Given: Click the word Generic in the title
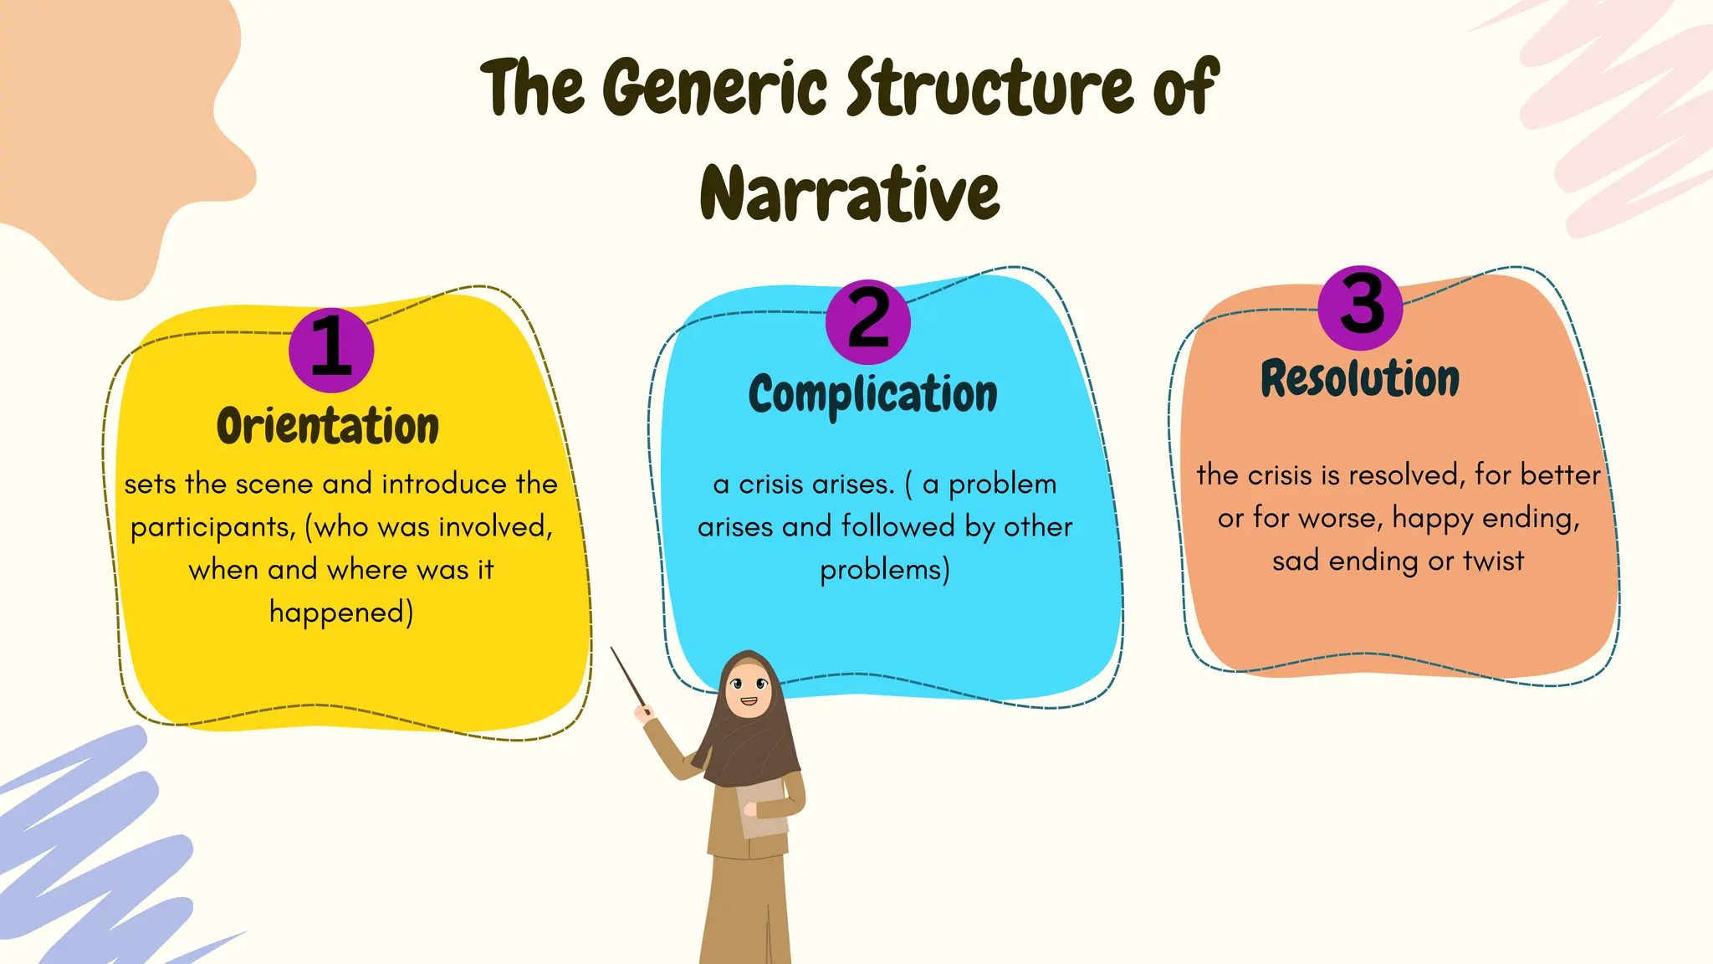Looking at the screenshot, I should [x=715, y=88].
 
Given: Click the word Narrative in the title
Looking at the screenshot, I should [x=850, y=194].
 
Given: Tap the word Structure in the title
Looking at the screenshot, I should [x=992, y=88].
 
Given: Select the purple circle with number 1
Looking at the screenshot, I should [x=331, y=350].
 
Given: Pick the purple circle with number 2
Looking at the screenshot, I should [x=868, y=321].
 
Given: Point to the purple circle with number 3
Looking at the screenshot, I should [x=1361, y=307].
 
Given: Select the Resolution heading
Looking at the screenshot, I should [x=1360, y=378].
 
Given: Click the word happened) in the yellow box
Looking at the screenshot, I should [x=341, y=613].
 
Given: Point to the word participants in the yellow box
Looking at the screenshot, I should [x=212, y=527].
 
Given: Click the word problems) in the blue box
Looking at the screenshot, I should [x=885, y=570].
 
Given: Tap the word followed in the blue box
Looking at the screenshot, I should [x=898, y=526].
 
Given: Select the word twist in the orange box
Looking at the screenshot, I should [x=1493, y=561].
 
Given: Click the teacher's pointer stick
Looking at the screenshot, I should [x=629, y=678].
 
